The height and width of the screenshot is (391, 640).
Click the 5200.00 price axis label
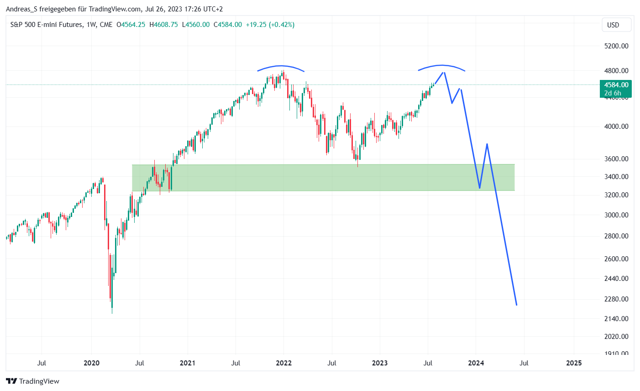616,46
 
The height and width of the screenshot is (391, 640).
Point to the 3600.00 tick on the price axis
616,159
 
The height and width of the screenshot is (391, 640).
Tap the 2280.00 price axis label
616,299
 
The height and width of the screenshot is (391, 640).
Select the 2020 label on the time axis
91,363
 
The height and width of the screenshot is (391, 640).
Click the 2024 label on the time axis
476,363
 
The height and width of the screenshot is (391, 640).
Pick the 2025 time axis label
574,363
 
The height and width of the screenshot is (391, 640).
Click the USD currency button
613,25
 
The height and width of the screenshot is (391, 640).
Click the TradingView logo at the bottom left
32,381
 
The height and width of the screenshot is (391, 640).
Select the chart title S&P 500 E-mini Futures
47,25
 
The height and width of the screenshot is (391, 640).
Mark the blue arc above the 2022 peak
281,67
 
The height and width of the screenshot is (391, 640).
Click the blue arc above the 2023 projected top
442,66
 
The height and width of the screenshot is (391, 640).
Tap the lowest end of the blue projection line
516,305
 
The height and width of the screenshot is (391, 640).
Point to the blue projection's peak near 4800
444,72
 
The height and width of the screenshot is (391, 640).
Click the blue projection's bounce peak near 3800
487,144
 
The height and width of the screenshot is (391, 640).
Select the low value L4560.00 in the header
196,25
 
